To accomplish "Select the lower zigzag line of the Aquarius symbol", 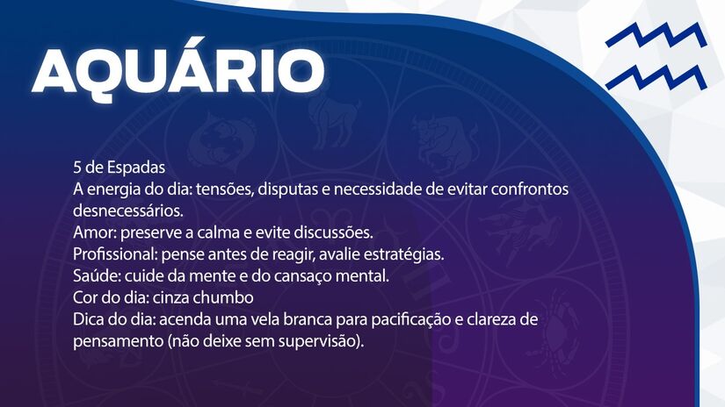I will pos(655,76).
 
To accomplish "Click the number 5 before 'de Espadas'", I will pos(78,168).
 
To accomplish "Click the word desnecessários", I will pos(128,211).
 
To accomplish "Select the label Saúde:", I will pos(97,277).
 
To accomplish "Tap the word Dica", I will pos(91,320).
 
